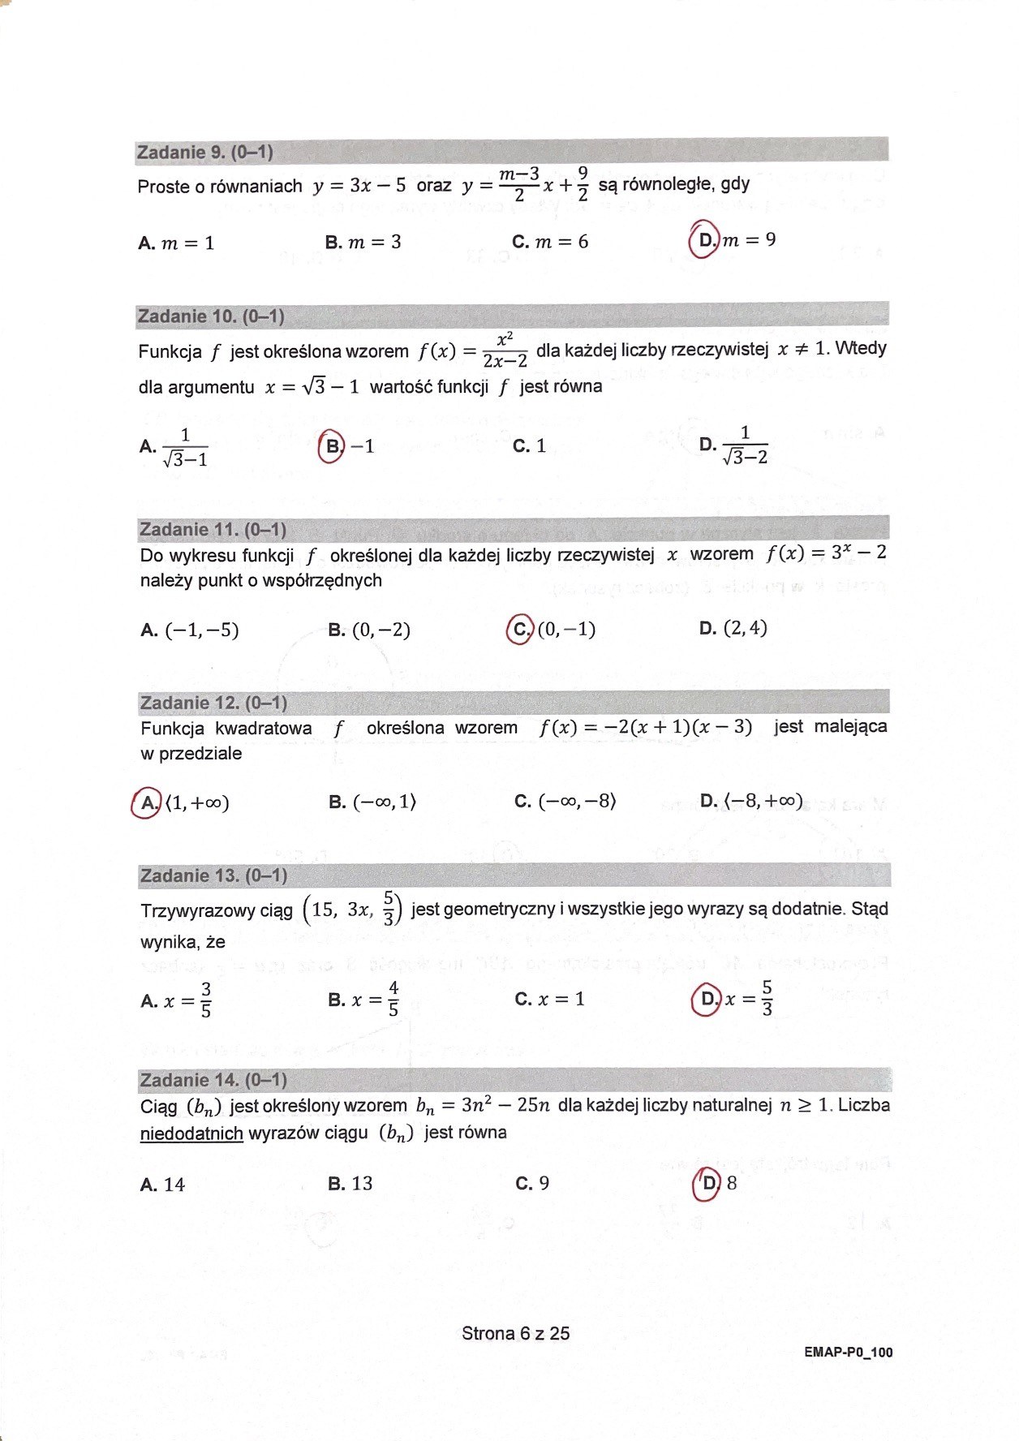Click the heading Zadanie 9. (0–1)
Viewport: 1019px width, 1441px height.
[205, 152]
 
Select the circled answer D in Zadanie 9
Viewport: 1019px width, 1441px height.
[703, 240]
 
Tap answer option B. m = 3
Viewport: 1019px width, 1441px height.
[363, 242]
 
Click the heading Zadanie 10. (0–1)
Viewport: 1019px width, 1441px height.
[211, 316]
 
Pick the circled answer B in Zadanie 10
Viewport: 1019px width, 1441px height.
[332, 446]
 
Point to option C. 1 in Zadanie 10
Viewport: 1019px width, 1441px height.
[530, 445]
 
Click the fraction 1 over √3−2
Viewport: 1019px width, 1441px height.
[744, 445]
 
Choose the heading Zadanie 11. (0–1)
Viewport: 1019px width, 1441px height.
[213, 530]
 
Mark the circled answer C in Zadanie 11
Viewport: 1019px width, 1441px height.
[519, 630]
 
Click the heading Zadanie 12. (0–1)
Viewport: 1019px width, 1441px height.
[213, 703]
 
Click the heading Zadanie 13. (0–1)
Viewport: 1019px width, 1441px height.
[213, 875]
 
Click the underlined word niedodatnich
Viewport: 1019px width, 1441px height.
[191, 1133]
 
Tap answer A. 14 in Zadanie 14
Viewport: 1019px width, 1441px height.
[162, 1185]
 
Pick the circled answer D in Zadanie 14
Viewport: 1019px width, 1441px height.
[706, 1184]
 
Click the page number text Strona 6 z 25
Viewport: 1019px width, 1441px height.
[515, 1333]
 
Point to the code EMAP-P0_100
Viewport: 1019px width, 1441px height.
[848, 1353]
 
